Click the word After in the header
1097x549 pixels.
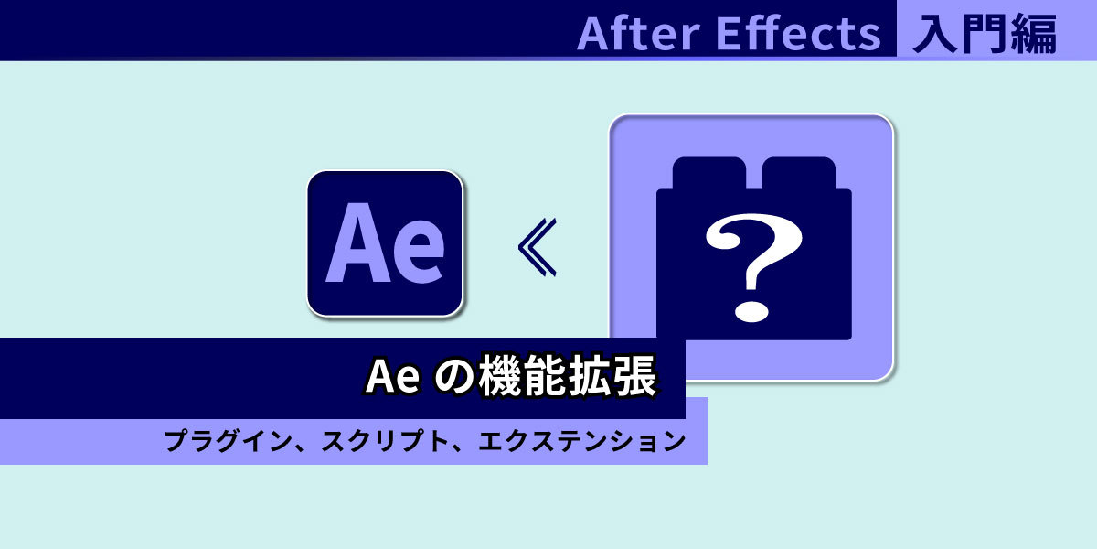click(x=639, y=33)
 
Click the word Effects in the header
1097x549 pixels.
click(x=798, y=33)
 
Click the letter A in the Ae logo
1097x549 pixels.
click(x=358, y=242)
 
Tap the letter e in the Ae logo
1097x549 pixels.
click(x=420, y=253)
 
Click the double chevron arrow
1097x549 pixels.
click(x=537, y=247)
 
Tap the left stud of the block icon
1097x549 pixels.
click(x=709, y=173)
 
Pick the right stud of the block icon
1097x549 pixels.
click(x=798, y=173)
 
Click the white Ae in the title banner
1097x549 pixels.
click(x=393, y=376)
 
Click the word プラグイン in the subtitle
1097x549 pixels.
click(x=228, y=440)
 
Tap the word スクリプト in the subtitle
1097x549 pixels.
click(x=386, y=440)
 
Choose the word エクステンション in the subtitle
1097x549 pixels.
click(x=582, y=440)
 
